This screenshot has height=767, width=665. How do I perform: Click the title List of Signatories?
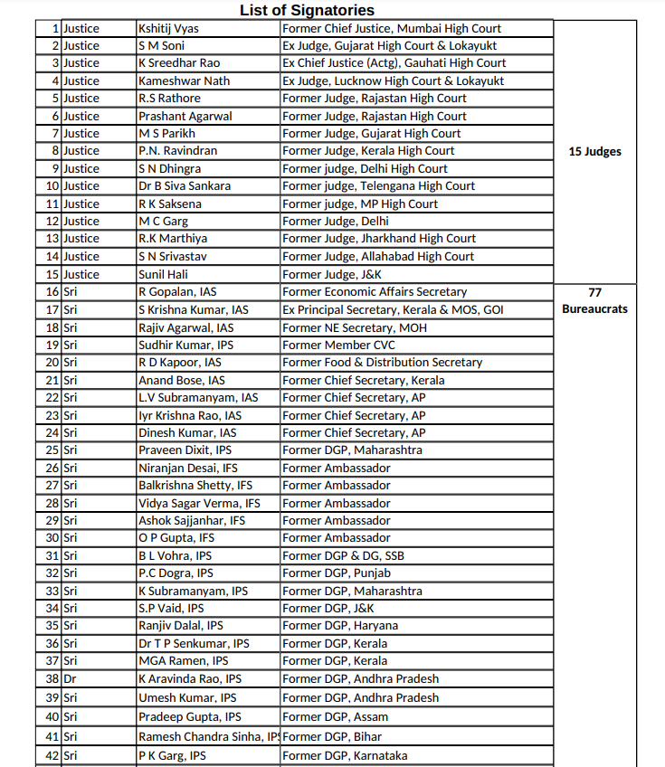click(x=307, y=10)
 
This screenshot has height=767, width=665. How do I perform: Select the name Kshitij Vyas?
click(x=168, y=28)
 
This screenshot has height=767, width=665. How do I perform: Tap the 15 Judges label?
click(x=594, y=151)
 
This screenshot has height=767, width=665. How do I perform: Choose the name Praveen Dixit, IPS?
click(x=185, y=450)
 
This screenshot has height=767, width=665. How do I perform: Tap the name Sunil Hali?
click(x=163, y=274)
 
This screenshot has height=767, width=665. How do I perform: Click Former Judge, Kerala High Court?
click(x=368, y=151)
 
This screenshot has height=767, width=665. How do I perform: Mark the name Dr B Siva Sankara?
click(x=185, y=186)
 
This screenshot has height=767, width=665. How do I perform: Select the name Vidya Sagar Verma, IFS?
click(x=199, y=503)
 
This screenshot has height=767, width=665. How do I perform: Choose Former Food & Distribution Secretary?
click(x=382, y=363)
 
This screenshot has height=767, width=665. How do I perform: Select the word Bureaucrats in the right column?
click(x=594, y=309)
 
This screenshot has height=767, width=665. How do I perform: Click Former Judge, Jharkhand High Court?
click(x=379, y=239)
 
